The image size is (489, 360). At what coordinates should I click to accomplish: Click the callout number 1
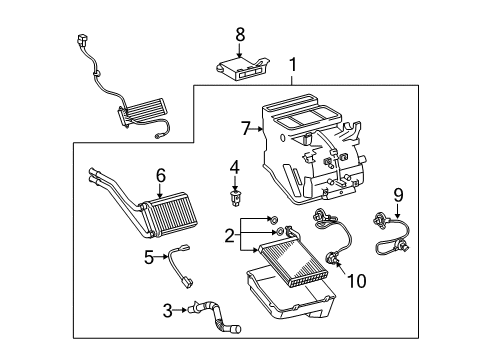pyautogui.click(x=292, y=67)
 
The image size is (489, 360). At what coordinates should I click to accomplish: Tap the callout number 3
pyautogui.click(x=167, y=311)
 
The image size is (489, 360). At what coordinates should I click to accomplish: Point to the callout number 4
pyautogui.click(x=234, y=166)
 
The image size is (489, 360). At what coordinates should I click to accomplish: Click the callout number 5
pyautogui.click(x=149, y=256)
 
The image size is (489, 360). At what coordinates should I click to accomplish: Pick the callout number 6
pyautogui.click(x=159, y=175)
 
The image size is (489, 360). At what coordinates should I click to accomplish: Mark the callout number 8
pyautogui.click(x=240, y=34)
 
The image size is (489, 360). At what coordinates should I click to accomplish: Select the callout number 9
pyautogui.click(x=397, y=195)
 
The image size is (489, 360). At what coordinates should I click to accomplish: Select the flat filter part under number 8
pyautogui.click(x=241, y=68)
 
